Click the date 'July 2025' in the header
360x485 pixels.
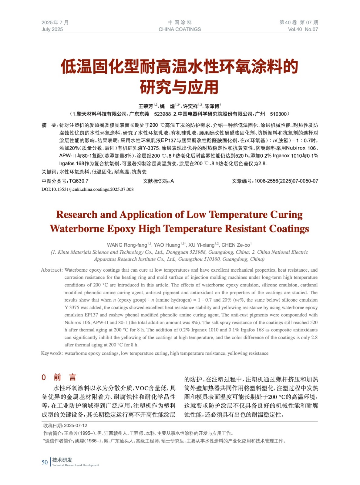coord(52,29)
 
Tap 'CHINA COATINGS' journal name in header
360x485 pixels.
coord(180,29)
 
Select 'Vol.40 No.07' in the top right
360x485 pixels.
coord(303,29)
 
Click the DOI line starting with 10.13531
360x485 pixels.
coord(88,189)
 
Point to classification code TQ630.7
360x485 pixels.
coord(79,181)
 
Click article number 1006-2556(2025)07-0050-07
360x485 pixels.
coord(286,181)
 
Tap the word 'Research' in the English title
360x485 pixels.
coord(77,215)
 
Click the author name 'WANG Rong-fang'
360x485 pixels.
coord(127,245)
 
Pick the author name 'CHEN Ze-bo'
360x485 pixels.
coord(236,245)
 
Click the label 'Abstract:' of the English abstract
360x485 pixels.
coord(52,270)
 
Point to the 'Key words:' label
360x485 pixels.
coord(52,353)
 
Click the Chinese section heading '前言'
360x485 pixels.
coord(65,377)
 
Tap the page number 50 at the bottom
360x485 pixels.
coord(45,462)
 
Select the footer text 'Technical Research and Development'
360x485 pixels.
coord(76,465)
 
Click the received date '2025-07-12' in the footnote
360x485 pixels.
coord(76,426)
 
